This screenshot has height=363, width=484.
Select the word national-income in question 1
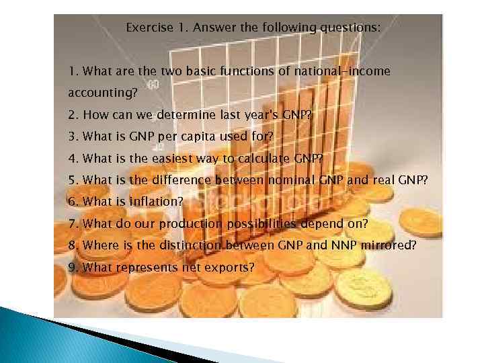point(347,71)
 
